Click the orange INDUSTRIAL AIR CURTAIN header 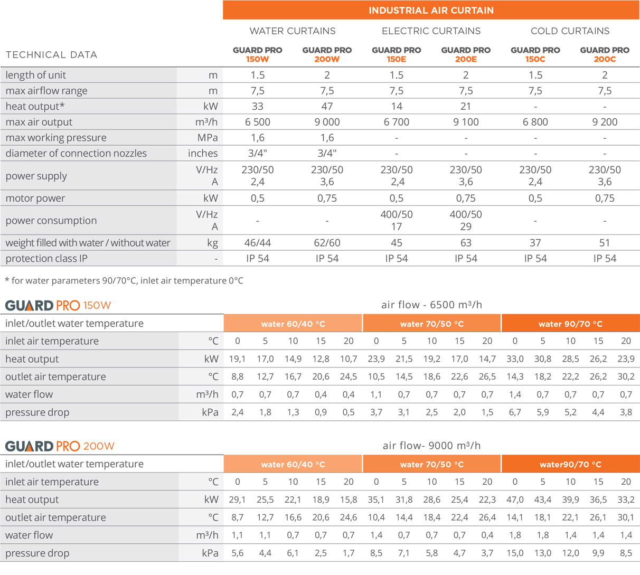coord(431,10)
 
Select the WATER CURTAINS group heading coord(292,31)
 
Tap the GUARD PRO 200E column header coord(466,54)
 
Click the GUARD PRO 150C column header coord(535,54)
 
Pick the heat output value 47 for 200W coord(327,106)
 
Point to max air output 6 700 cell coord(396,122)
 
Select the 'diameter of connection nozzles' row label coord(76,153)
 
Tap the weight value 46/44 coord(258,243)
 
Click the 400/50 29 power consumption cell coord(466,220)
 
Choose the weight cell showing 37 coord(535,243)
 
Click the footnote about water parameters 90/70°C coord(124,280)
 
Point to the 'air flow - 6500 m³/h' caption coord(431,305)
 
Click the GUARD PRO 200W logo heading coord(60,446)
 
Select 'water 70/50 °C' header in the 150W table coord(431,324)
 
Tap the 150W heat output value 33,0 coord(515,359)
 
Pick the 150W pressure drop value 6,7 coord(515,412)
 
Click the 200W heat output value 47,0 coord(515,499)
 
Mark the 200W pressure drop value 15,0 coord(515,553)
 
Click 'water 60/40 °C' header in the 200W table coord(293,465)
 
